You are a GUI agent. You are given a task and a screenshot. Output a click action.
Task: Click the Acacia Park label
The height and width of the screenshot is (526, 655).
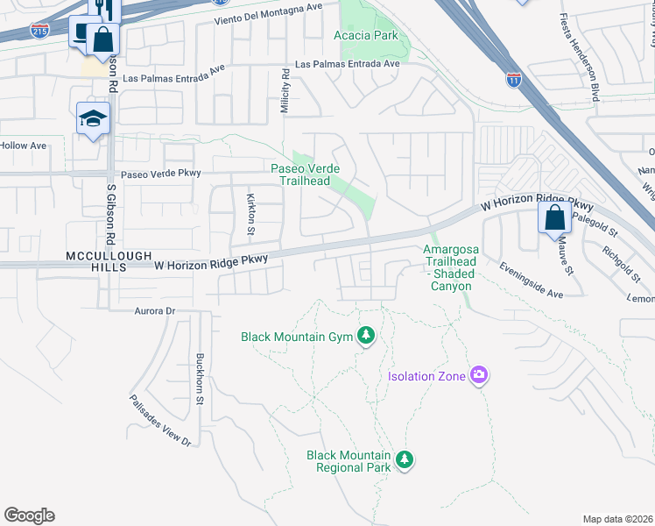pos(365,36)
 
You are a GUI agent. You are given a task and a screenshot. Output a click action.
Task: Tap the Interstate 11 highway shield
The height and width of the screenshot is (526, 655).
pos(514,79)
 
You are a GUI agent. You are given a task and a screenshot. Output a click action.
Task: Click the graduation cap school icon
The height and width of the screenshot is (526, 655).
pos(91,117)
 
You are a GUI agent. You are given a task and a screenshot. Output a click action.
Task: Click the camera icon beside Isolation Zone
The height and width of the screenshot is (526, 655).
pos(478,375)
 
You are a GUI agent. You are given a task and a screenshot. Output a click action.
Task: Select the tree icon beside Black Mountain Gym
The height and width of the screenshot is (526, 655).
pos(366,336)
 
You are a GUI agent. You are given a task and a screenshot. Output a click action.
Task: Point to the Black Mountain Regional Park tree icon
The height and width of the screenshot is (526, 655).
pos(404,459)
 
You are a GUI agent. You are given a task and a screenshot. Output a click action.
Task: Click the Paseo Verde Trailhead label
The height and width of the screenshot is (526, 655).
pos(304,174)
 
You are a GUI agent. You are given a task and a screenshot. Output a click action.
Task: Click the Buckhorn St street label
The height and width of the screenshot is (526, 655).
pos(200,378)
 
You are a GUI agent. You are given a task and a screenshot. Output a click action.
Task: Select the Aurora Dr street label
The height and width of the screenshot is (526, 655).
pos(155,311)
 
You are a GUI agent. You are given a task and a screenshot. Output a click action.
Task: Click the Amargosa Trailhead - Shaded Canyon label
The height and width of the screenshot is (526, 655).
pos(450,267)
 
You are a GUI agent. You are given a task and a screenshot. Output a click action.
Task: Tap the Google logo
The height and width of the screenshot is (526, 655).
pos(29,515)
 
